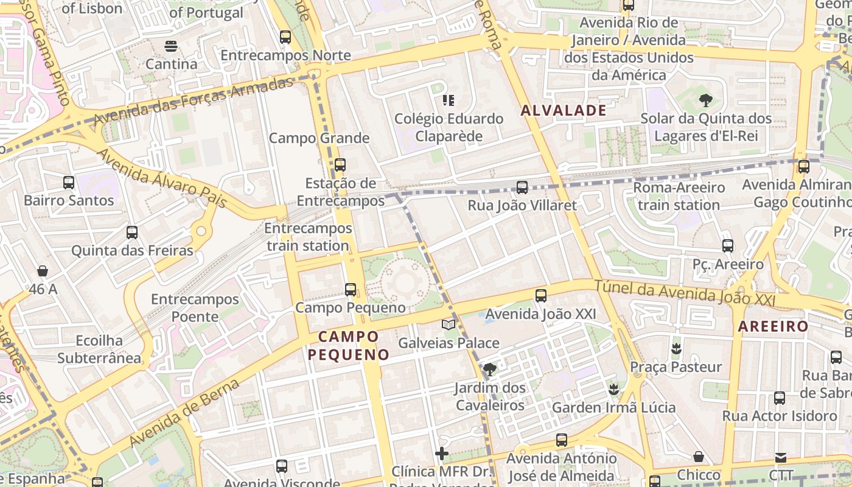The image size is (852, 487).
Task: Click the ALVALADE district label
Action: [x=564, y=110]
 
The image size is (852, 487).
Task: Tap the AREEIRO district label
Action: [x=773, y=326]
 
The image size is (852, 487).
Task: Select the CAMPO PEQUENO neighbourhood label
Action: [x=348, y=345]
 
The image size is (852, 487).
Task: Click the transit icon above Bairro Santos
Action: [x=69, y=182]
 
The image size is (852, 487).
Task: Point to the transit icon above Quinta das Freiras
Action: [x=132, y=232]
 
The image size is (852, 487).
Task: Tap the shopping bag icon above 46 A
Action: [x=43, y=270]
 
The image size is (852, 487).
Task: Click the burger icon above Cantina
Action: [x=171, y=46]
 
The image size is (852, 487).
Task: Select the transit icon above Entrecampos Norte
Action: [x=285, y=37]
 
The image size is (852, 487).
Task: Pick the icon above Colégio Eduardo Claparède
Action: [x=449, y=100]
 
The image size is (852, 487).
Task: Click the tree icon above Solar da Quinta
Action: [x=706, y=100]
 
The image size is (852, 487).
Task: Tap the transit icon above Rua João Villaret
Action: [x=522, y=187]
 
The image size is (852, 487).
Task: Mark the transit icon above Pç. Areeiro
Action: [x=728, y=246]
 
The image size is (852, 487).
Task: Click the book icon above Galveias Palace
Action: [x=449, y=324]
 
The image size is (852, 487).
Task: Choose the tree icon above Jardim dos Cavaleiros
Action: [x=489, y=369]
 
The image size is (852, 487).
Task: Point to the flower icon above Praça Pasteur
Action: [x=676, y=349]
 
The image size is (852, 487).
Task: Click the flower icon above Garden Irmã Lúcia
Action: [x=613, y=389]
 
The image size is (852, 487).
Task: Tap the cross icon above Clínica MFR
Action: [x=442, y=454]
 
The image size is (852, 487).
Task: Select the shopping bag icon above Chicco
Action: [x=699, y=457]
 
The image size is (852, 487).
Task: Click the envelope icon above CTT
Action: [x=781, y=457]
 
